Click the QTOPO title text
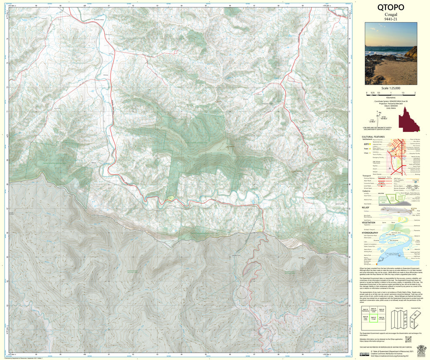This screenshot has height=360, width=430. tap(391, 7)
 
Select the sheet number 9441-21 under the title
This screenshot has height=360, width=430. tap(391, 19)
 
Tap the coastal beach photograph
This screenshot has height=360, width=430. tap(391, 53)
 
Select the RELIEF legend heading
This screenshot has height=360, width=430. tap(365, 207)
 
